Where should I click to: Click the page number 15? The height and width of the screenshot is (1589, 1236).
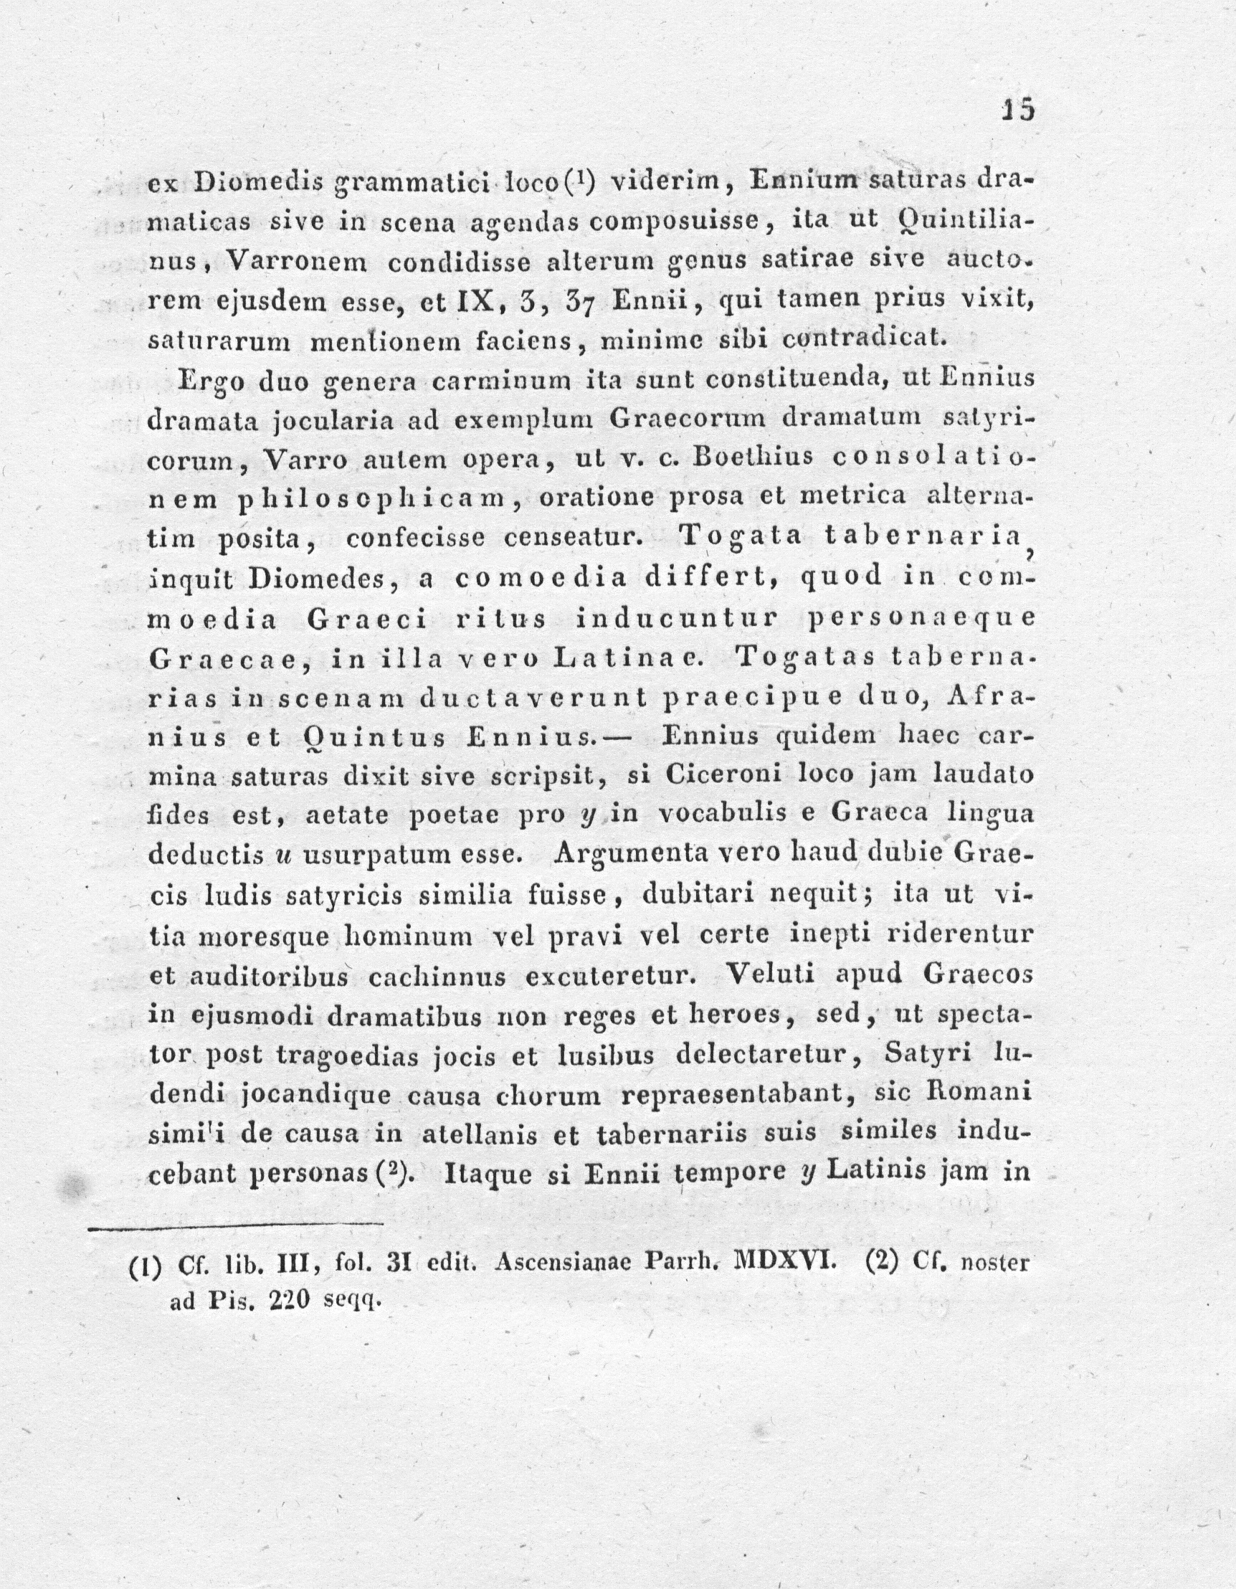click(1018, 110)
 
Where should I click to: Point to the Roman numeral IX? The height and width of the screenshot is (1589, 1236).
click(474, 300)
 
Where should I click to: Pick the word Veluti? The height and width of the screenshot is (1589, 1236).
click(771, 974)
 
